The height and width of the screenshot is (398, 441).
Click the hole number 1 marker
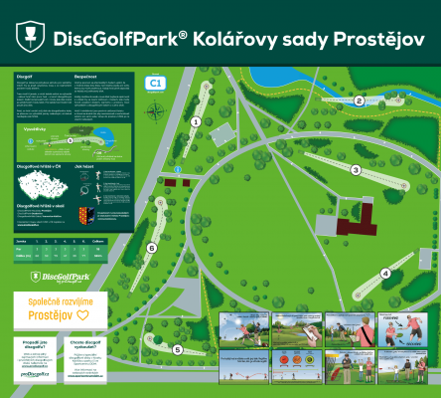(x=196, y=121)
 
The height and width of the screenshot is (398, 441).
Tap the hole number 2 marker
(x=359, y=100)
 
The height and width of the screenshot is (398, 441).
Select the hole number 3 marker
(x=355, y=170)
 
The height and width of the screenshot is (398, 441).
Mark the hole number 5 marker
(x=178, y=349)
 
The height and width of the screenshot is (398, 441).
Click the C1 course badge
(x=154, y=84)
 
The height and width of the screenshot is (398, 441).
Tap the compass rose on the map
(x=152, y=111)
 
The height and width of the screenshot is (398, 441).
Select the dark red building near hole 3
(x=356, y=216)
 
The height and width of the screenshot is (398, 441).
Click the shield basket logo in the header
(x=30, y=37)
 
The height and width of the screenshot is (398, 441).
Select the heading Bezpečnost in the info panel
(x=91, y=77)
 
